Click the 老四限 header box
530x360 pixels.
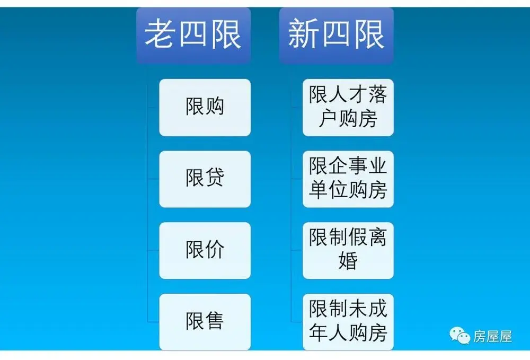click(193, 35)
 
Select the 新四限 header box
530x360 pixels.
click(337, 35)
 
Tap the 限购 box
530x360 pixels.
click(205, 108)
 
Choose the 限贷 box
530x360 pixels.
click(205, 179)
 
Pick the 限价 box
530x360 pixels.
click(205, 250)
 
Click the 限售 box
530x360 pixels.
click(205, 322)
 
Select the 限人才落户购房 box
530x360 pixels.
click(348, 108)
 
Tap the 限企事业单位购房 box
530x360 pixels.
click(348, 179)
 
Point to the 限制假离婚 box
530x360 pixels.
click(348, 250)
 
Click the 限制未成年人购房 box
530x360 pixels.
click(348, 322)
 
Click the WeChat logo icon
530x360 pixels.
click(460, 336)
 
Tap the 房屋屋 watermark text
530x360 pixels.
click(492, 337)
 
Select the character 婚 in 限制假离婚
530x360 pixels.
click(348, 260)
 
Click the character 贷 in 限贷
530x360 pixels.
click(214, 177)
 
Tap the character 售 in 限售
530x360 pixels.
click(214, 321)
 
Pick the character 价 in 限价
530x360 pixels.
click(214, 250)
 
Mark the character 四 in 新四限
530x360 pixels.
click(337, 33)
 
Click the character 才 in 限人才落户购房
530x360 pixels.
click(358, 94)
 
